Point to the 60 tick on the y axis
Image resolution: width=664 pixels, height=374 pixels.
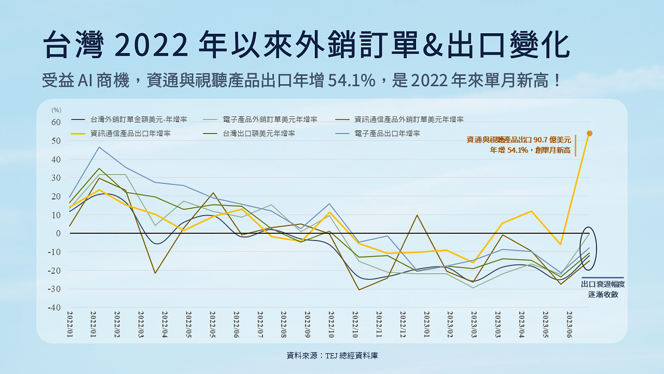click(x=56, y=122)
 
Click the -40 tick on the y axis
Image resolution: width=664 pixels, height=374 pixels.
click(x=54, y=308)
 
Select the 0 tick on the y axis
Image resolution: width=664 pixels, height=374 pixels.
click(x=58, y=233)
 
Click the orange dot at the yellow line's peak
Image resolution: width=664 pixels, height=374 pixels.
click(x=589, y=133)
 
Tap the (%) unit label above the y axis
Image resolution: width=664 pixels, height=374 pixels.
click(x=56, y=110)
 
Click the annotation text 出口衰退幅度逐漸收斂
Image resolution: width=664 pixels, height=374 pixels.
click(x=603, y=289)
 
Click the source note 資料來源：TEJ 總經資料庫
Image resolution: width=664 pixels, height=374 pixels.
click(x=332, y=355)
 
